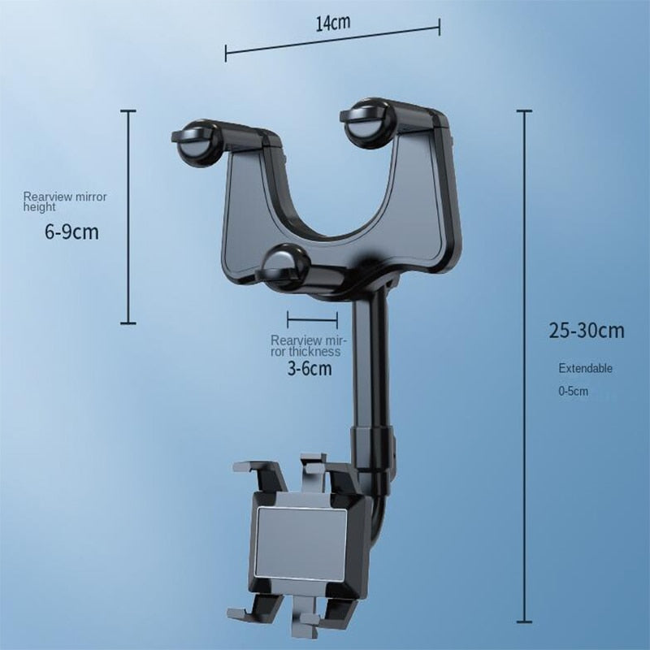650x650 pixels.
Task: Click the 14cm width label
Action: (x=333, y=22)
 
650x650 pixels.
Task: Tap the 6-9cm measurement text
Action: (x=71, y=232)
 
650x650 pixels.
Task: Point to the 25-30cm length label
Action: (x=587, y=331)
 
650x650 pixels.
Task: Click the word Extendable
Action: (x=585, y=368)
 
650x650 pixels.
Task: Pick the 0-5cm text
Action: (x=572, y=392)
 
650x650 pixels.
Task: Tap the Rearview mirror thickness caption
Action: (x=305, y=346)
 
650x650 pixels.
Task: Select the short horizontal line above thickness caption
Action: (x=312, y=321)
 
